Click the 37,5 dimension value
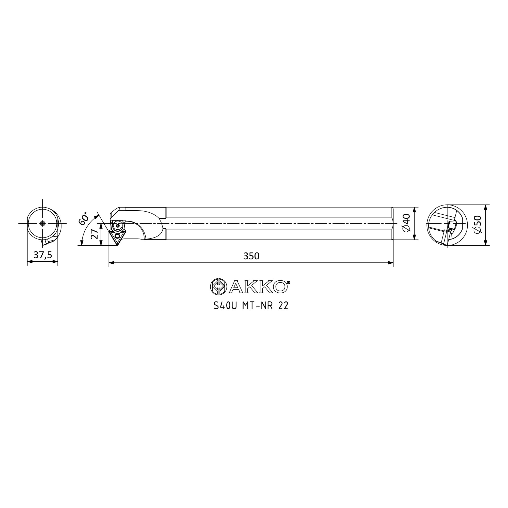(x=43, y=255)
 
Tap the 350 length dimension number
(x=251, y=256)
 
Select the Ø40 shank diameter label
(x=406, y=223)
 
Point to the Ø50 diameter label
(x=477, y=224)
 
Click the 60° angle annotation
(x=84, y=218)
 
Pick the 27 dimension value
(x=94, y=234)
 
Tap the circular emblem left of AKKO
(x=218, y=287)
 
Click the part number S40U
(x=225, y=306)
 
